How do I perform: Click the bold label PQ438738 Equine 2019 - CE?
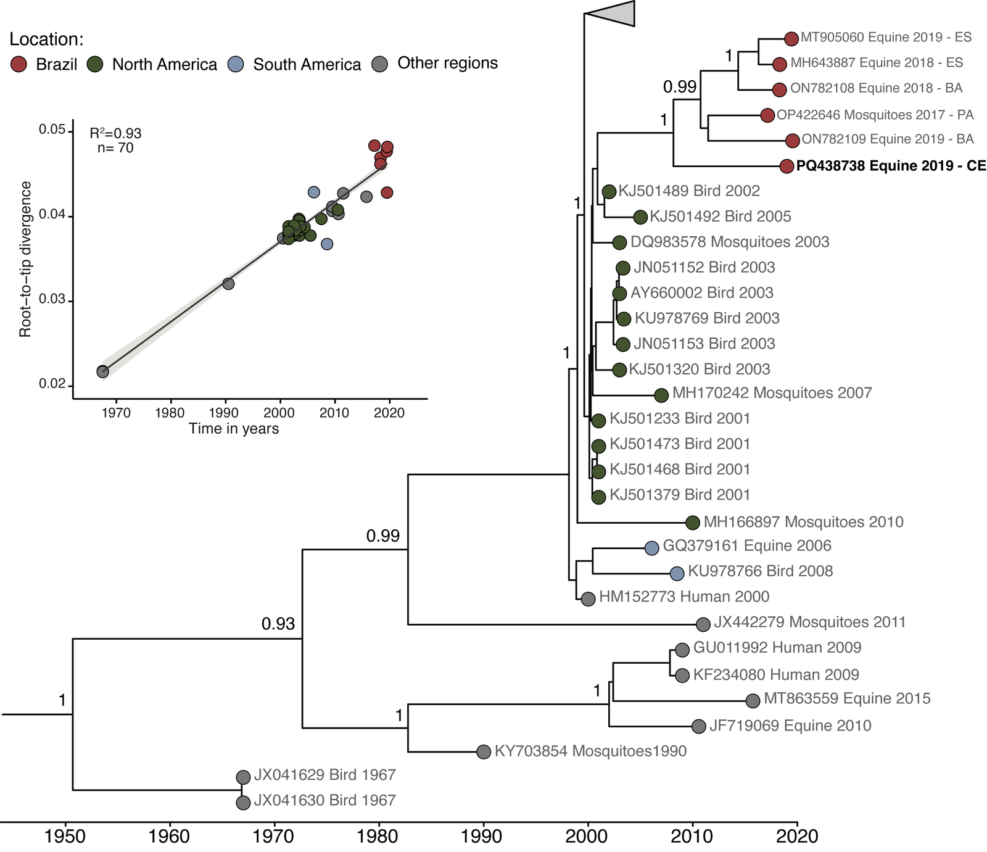pyautogui.click(x=891, y=166)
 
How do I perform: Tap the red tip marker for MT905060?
pyautogui.click(x=791, y=38)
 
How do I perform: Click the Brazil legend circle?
pyautogui.click(x=20, y=64)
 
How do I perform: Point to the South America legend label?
pyautogui.click(x=307, y=64)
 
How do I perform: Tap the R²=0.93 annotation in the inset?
pyautogui.click(x=115, y=133)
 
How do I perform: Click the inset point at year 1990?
pyautogui.click(x=228, y=284)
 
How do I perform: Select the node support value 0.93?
pyautogui.click(x=278, y=624)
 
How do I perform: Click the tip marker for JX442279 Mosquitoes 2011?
pyautogui.click(x=703, y=624)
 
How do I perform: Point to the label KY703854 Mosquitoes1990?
pyautogui.click(x=590, y=751)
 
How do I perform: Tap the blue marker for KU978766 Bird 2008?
pyautogui.click(x=677, y=573)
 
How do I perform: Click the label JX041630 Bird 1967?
pyautogui.click(x=324, y=801)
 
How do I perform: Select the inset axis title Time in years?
pyautogui.click(x=234, y=429)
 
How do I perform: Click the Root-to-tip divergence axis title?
pyautogui.click(x=25, y=259)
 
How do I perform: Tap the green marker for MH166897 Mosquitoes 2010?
pyautogui.click(x=693, y=523)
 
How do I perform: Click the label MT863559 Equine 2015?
pyautogui.click(x=847, y=699)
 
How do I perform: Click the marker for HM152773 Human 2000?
pyautogui.click(x=588, y=598)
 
